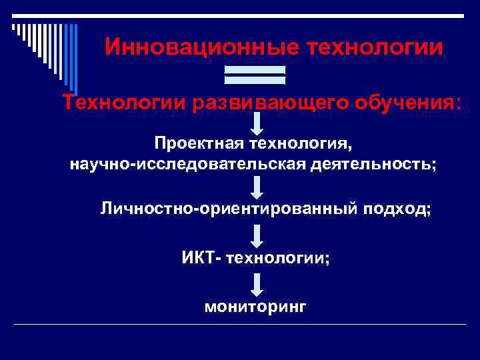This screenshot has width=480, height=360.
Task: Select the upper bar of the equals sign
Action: (x=255, y=69)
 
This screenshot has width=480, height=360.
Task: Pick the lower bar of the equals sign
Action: (x=255, y=80)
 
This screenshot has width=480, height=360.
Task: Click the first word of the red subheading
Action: (x=125, y=103)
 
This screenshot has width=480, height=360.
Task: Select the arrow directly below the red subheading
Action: (x=257, y=123)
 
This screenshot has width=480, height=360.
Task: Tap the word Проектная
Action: (x=199, y=144)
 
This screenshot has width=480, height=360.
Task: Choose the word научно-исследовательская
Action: (x=188, y=164)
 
